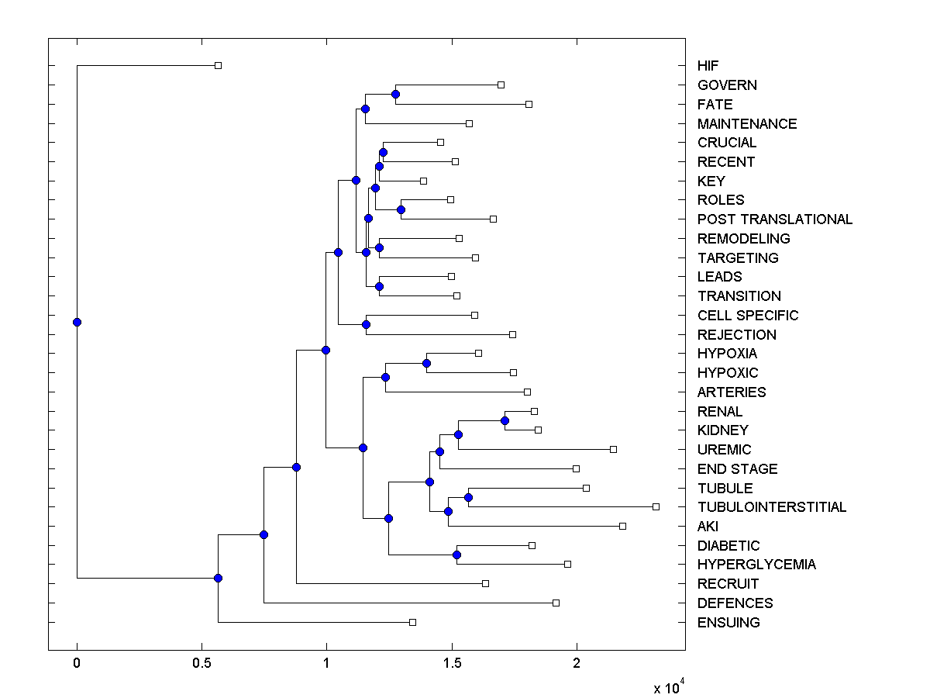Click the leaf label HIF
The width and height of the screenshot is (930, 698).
[x=708, y=66]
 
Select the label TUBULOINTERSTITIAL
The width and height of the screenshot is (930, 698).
[x=772, y=507]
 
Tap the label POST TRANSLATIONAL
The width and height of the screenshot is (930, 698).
[x=775, y=219]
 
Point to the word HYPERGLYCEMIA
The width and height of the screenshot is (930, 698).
[x=756, y=565]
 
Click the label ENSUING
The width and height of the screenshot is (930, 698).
[x=728, y=623]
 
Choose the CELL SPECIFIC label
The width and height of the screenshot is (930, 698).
[x=748, y=316]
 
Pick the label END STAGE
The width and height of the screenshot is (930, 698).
[x=737, y=469]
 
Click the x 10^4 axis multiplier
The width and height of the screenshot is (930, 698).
[x=669, y=686]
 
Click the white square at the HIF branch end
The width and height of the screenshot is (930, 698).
[x=218, y=66]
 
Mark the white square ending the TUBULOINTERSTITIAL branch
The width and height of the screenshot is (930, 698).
[x=656, y=506]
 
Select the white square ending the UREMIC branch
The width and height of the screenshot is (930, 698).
[x=613, y=449]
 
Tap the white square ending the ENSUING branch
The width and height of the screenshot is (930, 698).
[x=412, y=622]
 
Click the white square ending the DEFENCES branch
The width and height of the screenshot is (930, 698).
[x=556, y=603]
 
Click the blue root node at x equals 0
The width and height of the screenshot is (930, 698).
[x=77, y=322]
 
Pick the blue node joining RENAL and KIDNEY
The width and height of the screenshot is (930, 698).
[x=505, y=420]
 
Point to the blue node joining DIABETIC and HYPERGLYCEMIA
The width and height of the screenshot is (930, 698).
[x=456, y=555]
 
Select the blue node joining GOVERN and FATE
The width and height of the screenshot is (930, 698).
[x=395, y=94]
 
